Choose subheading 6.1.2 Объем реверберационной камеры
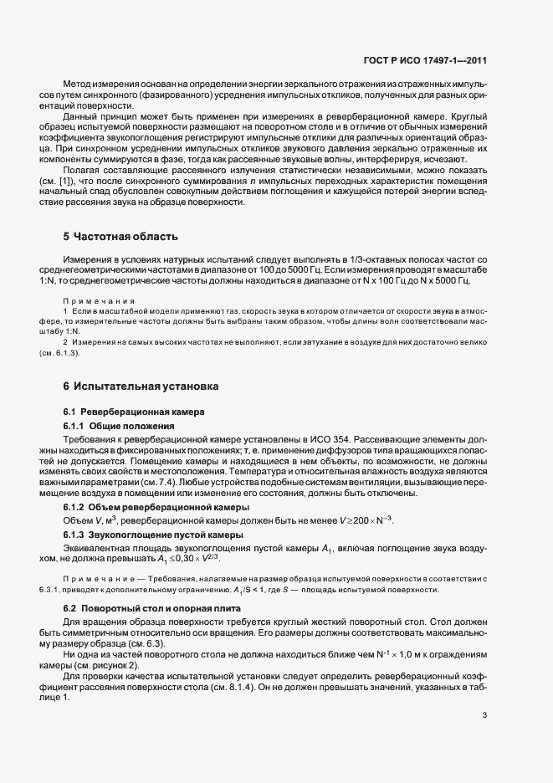click(x=145, y=507)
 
